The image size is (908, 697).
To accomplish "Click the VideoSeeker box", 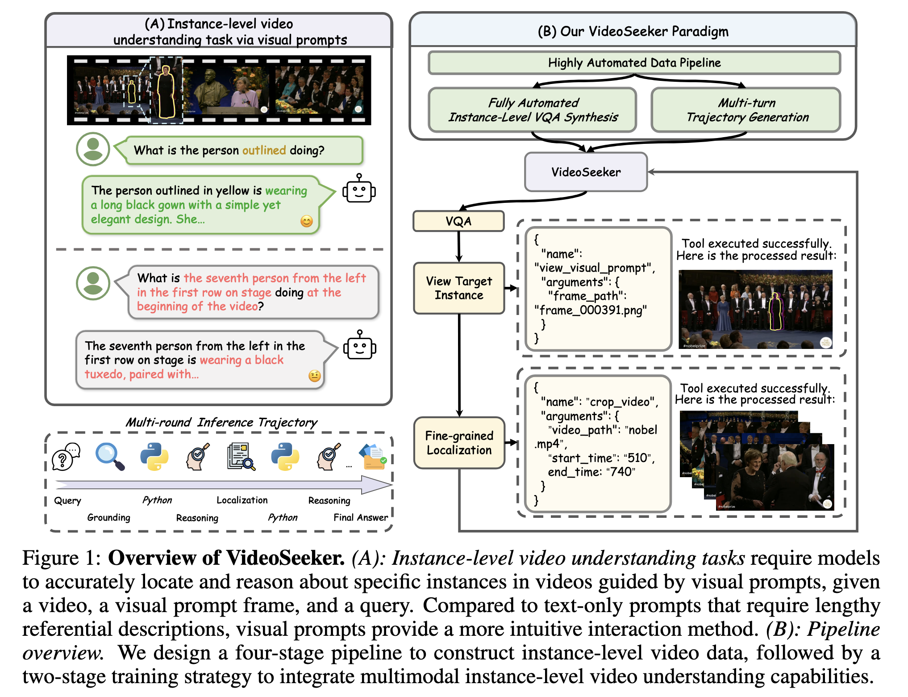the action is tap(586, 172).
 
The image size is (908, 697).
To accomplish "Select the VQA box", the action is tap(458, 221).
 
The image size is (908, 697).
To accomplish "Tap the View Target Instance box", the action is tap(459, 288).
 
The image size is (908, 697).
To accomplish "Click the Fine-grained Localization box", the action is tap(459, 443).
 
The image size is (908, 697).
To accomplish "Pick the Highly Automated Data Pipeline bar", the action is tap(634, 63).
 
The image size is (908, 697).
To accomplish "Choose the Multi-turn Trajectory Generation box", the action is tap(746, 110).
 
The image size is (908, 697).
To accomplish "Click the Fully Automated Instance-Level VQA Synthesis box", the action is tap(533, 110).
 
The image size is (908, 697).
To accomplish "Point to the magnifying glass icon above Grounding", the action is tap(110, 456).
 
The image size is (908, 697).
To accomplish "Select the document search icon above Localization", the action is tap(241, 456).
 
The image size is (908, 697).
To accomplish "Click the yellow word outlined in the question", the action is tap(264, 150).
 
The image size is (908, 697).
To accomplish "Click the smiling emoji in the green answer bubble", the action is tap(307, 221).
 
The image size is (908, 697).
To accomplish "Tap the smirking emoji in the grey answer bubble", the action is tap(315, 376).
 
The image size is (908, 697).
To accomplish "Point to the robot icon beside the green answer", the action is tap(359, 189).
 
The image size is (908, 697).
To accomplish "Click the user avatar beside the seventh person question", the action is tap(93, 283).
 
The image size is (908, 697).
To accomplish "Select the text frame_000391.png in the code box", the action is tap(590, 310).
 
